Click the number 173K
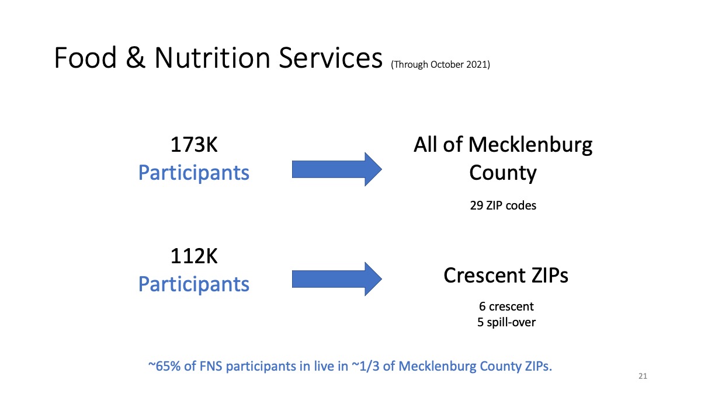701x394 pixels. [x=194, y=145]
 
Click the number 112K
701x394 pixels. [x=194, y=256]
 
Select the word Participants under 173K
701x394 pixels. [x=194, y=173]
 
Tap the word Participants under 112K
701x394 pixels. [x=194, y=284]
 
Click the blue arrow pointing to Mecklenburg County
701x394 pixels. [x=336, y=169]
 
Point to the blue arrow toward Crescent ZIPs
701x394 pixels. [x=336, y=279]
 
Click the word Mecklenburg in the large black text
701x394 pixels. [x=530, y=146]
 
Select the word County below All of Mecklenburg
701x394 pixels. [x=503, y=173]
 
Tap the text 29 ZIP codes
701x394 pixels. [x=503, y=205]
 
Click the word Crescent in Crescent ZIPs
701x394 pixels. [x=484, y=276]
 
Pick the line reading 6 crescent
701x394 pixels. [x=506, y=306]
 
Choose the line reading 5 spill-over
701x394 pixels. [x=506, y=322]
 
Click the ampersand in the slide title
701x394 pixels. [x=136, y=57]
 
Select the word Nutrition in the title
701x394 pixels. [x=213, y=57]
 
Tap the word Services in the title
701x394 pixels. [x=331, y=57]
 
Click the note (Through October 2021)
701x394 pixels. [x=440, y=64]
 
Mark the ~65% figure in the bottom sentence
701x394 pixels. [x=164, y=366]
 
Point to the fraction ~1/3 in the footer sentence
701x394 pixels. [x=366, y=366]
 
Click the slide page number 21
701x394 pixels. [x=643, y=376]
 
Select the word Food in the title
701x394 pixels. [x=85, y=57]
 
